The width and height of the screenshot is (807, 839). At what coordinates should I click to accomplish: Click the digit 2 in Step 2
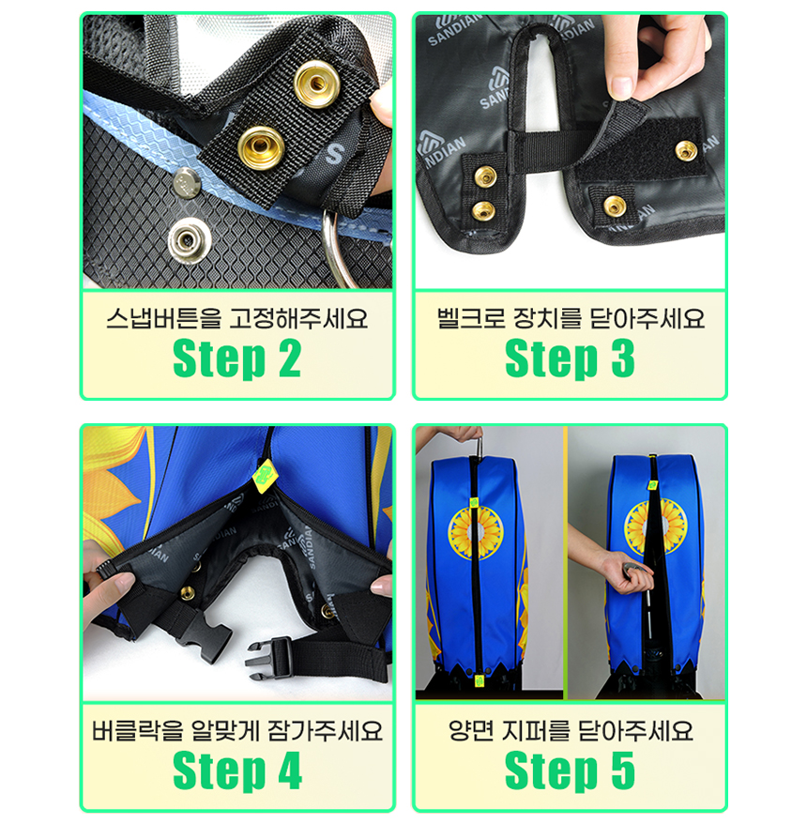[x=290, y=358]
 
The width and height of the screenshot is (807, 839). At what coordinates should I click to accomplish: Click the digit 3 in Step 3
[x=623, y=358]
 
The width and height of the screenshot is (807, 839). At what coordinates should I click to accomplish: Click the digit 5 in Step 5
[x=623, y=770]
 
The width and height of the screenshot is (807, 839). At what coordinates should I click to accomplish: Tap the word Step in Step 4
[x=219, y=771]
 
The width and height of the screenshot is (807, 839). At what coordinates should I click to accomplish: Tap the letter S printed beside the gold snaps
[x=334, y=154]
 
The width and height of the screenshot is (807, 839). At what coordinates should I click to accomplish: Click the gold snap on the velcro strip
[x=686, y=150]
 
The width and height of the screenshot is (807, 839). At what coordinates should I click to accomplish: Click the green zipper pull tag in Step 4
[x=262, y=475]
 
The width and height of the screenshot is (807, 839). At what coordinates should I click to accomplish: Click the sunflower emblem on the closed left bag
[x=475, y=532]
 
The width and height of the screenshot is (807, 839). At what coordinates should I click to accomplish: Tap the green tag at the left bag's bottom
[x=479, y=681]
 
